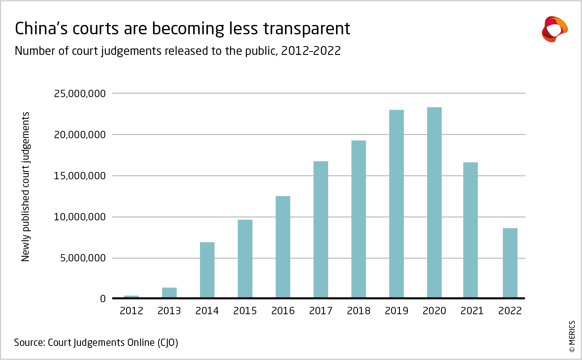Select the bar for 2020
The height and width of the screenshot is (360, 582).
[434, 202]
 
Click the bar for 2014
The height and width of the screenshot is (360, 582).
[207, 270]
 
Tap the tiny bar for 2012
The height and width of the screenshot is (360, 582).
[131, 297]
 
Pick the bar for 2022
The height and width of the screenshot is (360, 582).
[510, 263]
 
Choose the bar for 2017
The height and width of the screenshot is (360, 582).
[321, 229]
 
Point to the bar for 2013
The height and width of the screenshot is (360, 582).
[169, 293]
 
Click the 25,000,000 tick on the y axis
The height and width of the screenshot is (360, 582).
[80, 94]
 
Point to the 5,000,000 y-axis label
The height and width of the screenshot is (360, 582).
[83, 258]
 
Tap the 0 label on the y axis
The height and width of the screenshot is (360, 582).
[103, 299]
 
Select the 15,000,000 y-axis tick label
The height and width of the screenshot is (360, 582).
[80, 176]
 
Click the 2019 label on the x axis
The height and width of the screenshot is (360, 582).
[396, 311]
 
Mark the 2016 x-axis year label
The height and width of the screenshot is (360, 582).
[283, 311]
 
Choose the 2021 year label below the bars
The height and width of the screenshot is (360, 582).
[472, 311]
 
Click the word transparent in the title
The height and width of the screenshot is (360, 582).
[306, 29]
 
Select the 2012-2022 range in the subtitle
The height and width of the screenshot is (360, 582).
[311, 51]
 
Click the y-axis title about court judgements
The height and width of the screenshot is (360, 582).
[26, 187]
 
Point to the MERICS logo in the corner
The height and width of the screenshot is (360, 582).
[554, 29]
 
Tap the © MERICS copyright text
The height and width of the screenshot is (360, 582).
[572, 336]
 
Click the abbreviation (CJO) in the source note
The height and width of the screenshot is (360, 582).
[168, 343]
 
